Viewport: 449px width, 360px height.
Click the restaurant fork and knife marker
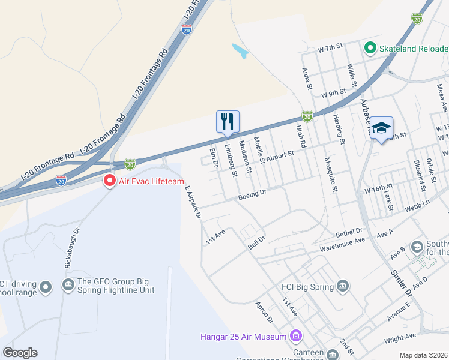coord(228,122)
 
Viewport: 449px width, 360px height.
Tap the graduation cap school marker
coord(381,128)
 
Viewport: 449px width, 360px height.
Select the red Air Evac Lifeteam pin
coord(109,180)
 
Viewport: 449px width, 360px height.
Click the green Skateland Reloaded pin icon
coord(370,47)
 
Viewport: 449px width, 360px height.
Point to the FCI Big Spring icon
coord(343,286)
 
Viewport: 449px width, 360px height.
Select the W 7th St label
coord(330,47)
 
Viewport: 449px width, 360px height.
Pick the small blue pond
coord(240,51)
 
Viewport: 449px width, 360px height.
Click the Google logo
coord(20,353)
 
